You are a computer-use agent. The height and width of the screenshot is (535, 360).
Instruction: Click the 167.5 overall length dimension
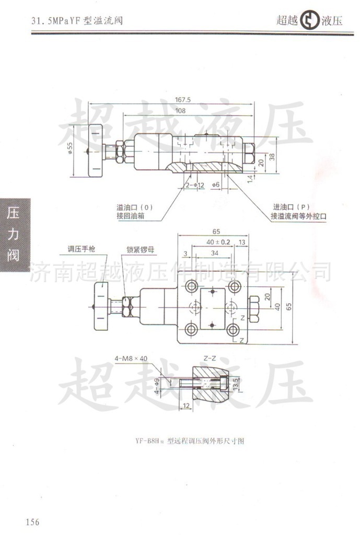183,100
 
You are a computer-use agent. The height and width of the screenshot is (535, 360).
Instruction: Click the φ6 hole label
215,185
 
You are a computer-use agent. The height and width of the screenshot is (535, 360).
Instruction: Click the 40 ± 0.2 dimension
218,242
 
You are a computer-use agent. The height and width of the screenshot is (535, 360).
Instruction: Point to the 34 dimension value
214,253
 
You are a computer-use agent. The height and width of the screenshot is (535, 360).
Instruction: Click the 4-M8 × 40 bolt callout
132,358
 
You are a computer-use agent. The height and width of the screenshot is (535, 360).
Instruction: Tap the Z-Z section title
210,358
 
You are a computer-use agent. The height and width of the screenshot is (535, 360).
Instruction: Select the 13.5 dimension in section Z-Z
236,384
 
